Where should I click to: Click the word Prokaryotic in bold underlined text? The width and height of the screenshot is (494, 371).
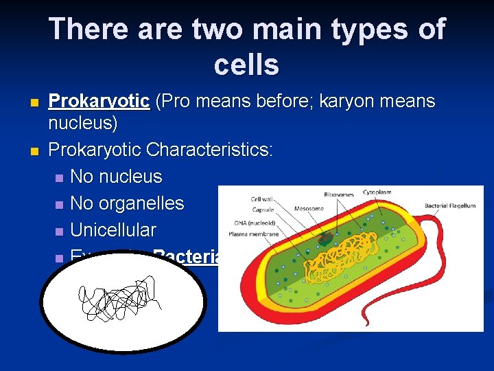tap(99, 102)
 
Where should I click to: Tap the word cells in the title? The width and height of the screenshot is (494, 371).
tap(246, 65)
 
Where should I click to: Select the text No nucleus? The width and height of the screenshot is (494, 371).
tap(116, 177)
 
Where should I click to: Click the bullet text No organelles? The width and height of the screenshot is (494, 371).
tap(127, 203)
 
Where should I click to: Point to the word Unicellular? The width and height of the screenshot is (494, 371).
tap(113, 230)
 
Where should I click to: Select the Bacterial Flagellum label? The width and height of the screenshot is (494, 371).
tap(449, 206)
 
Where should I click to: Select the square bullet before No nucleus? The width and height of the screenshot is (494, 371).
tap(59, 177)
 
